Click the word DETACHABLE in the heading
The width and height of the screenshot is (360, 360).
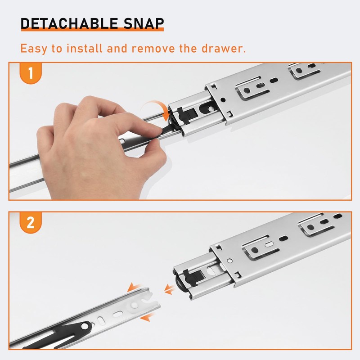69,23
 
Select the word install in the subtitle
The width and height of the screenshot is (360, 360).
84,48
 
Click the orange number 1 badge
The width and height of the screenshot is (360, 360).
31,73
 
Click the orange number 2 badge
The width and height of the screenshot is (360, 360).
31,222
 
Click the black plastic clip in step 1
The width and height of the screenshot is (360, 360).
187,115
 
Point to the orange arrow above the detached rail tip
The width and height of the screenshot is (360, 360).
134,287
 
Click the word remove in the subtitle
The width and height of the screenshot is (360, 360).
153,48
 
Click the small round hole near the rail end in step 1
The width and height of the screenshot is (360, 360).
223,99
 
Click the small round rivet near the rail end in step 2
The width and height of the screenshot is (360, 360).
229,261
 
